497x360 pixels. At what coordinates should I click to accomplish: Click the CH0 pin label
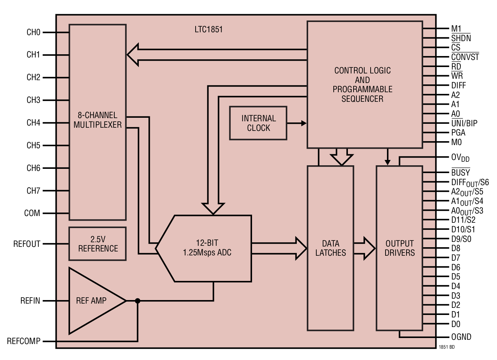[x=33, y=32]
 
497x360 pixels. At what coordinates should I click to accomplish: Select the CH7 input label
[x=33, y=191]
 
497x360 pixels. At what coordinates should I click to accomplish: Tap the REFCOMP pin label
[x=23, y=341]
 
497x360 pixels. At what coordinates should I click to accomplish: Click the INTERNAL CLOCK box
[x=258, y=123]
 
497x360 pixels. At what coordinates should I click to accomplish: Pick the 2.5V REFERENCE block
[x=98, y=244]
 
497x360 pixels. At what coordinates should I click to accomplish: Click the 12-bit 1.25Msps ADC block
[x=207, y=248]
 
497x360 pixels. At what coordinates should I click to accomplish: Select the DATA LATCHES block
[x=331, y=248]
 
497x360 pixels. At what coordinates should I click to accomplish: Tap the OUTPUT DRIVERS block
[x=399, y=248]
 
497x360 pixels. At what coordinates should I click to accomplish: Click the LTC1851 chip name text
[x=208, y=29]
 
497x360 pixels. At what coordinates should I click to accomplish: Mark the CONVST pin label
[x=465, y=57]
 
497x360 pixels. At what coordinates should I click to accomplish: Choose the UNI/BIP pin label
[x=464, y=123]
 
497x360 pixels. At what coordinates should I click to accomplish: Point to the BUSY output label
[x=460, y=173]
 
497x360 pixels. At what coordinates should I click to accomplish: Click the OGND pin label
[x=461, y=337]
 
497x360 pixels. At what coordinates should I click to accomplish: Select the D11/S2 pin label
[x=463, y=220]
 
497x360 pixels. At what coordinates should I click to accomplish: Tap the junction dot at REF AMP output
[x=138, y=301]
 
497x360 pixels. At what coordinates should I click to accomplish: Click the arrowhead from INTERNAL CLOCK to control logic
[x=304, y=123]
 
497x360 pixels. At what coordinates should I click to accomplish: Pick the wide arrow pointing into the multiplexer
[x=133, y=55]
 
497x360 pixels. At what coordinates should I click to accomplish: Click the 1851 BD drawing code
[x=446, y=347]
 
